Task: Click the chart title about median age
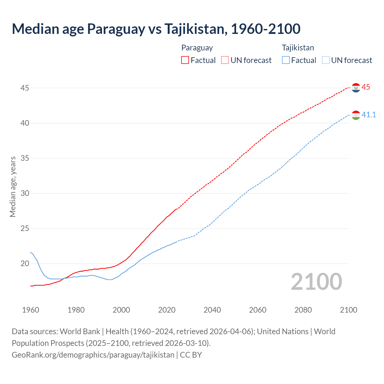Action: point(156,29)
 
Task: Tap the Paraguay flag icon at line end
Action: point(356,88)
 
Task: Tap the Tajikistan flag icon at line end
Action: point(356,115)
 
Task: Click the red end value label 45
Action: point(366,87)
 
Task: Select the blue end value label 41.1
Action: point(369,115)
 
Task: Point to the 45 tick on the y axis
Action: point(25,88)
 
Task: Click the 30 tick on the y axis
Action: point(25,193)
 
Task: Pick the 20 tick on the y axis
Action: point(25,263)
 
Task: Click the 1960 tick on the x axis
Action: point(31,310)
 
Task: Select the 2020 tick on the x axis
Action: point(167,310)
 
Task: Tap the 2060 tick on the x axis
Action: point(258,310)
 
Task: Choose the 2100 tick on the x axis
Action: point(348,310)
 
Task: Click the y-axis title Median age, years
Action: point(13,187)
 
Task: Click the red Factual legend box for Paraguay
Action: point(185,60)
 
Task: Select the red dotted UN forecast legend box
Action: point(225,60)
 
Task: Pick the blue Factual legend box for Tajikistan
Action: point(286,60)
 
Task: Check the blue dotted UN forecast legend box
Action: point(326,60)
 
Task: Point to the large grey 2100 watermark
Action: point(316,282)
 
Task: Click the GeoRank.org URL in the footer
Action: point(93,355)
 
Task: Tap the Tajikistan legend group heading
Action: point(298,48)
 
